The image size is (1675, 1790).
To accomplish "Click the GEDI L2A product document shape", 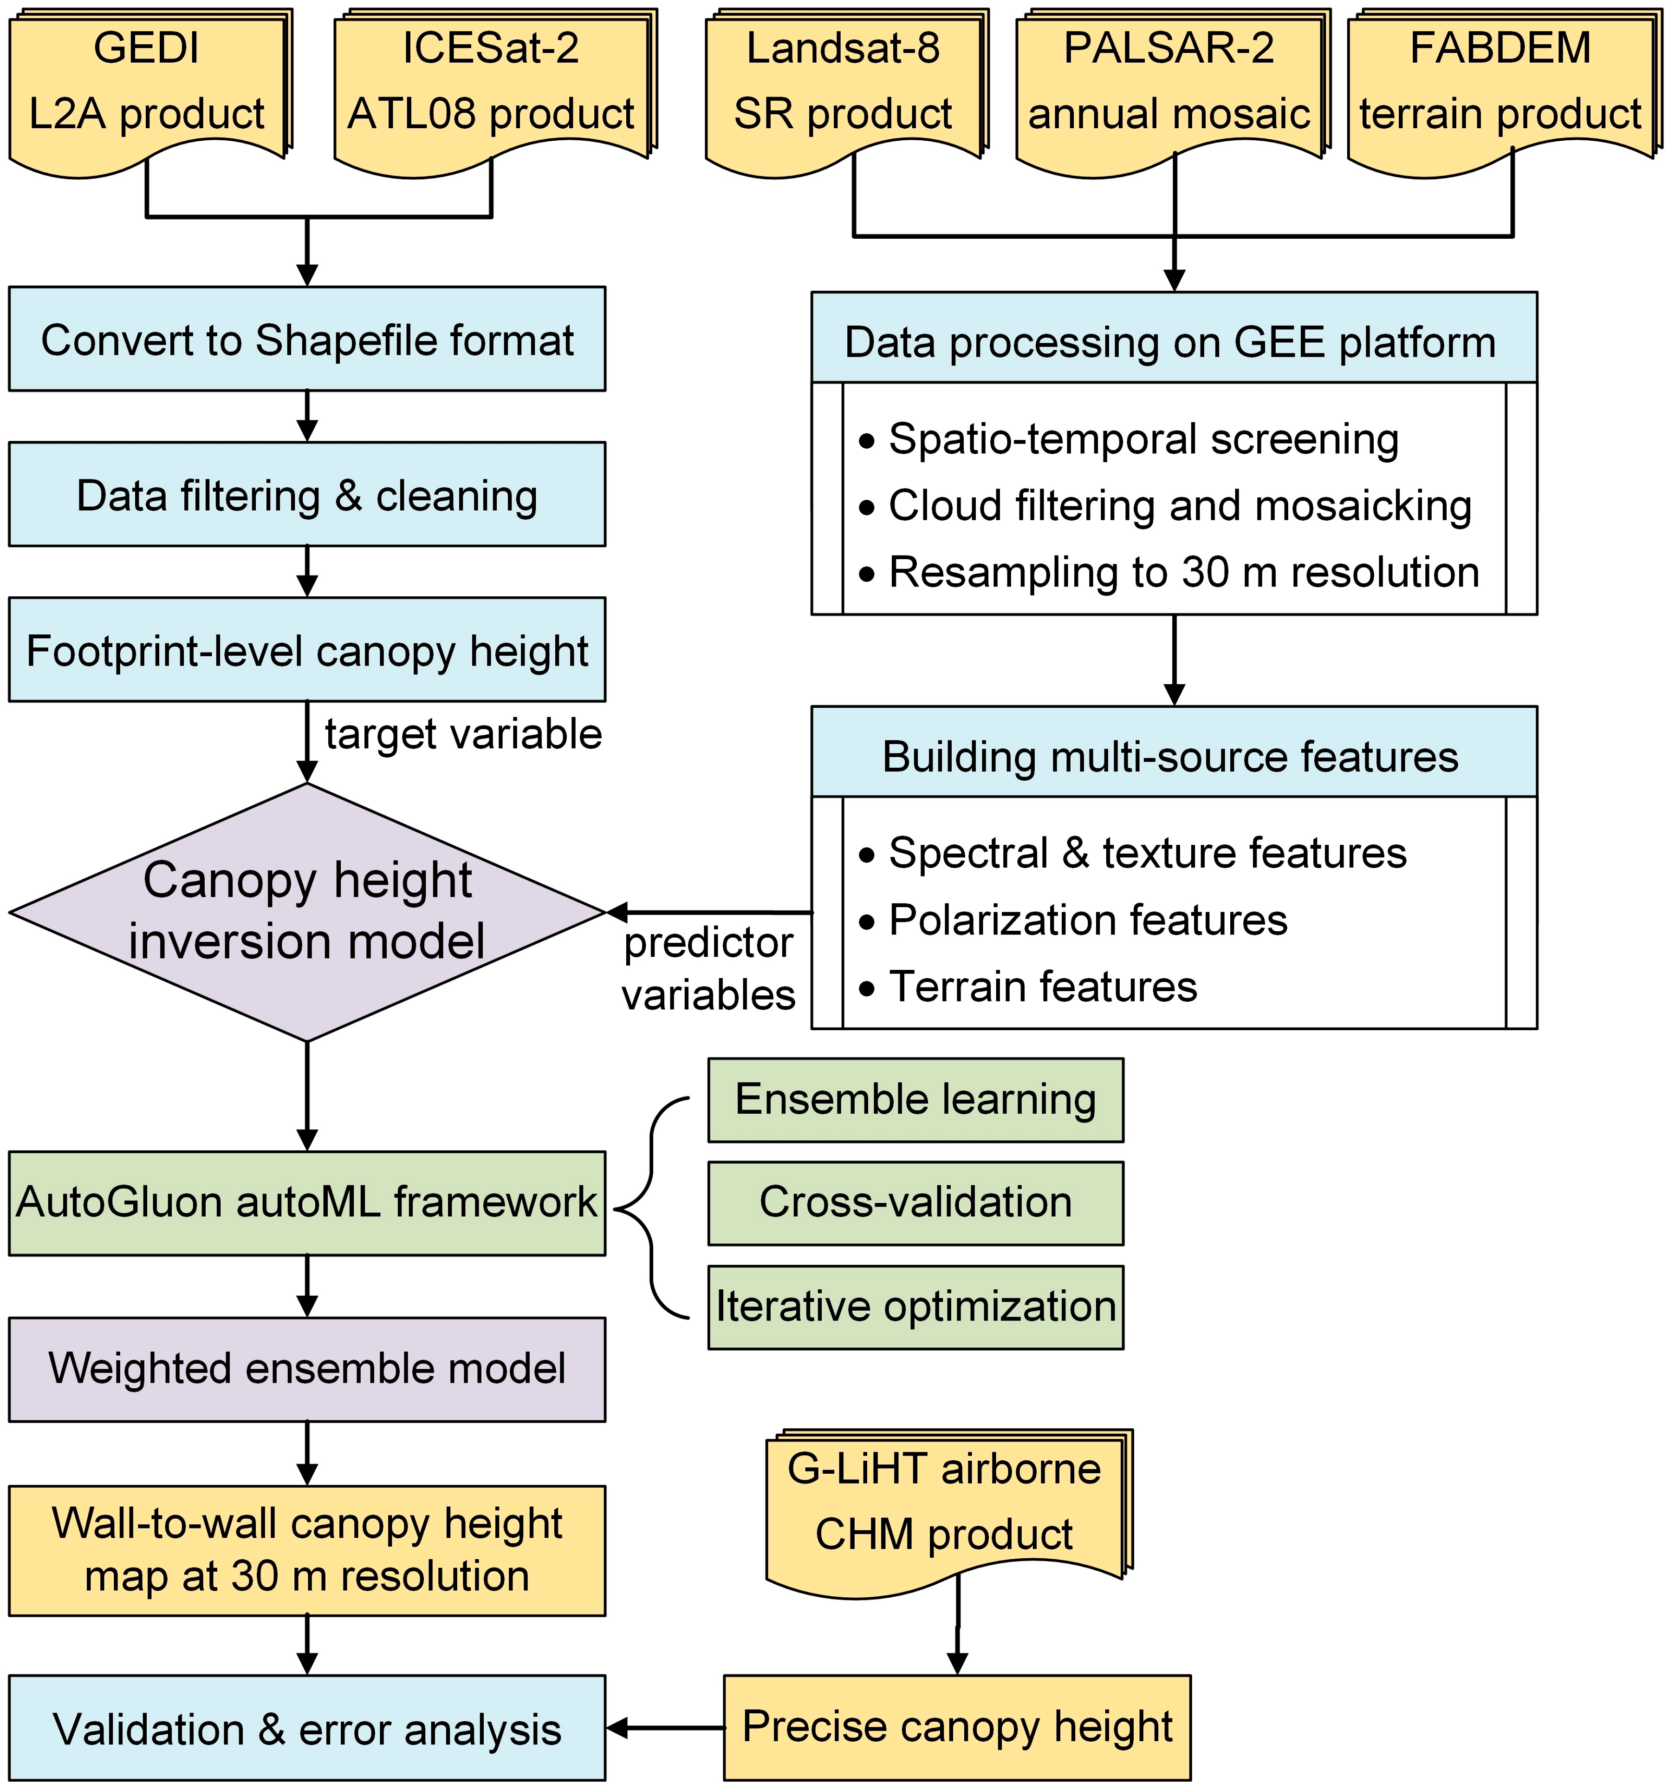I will coord(147,85).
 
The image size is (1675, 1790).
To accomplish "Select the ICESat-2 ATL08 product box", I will coord(492,85).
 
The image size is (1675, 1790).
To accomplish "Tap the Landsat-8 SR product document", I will coord(844,85).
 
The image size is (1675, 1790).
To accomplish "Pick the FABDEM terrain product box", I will coord(1500,85).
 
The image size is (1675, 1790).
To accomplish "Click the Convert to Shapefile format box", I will coord(307,340).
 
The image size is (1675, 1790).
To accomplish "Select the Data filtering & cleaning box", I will coord(307,494).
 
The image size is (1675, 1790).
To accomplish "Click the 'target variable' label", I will coord(463,734).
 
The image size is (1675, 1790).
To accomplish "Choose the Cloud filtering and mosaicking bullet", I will coord(1179,505).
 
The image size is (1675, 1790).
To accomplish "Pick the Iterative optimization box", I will coord(915,1307).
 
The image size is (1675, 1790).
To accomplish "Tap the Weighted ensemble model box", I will coord(307,1369).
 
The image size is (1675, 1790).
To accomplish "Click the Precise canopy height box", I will coord(957,1727).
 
